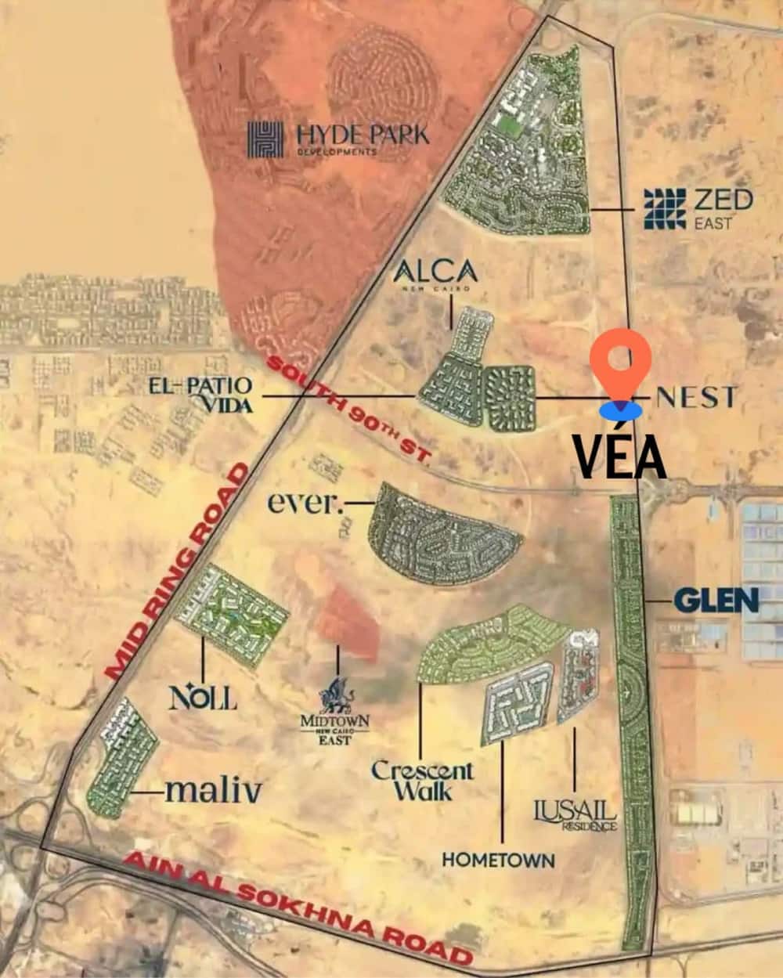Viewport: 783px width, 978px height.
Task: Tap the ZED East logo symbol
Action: point(664,209)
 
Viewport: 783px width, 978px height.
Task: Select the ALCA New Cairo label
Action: point(435,275)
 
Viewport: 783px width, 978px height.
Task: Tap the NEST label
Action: point(695,397)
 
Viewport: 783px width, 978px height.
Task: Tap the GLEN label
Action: point(716,601)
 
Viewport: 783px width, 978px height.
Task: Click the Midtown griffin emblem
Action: point(337,695)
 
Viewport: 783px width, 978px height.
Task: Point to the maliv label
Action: point(213,792)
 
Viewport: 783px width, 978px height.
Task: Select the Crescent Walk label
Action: point(422,780)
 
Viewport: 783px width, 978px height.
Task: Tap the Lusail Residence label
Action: point(575,814)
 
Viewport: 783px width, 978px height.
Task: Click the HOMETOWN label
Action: point(498,860)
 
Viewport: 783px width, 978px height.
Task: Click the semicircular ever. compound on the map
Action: point(442,532)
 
